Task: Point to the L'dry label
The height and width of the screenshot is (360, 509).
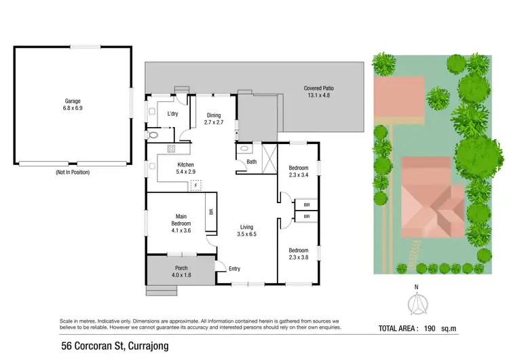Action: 173,113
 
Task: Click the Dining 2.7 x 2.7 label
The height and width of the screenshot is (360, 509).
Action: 214,119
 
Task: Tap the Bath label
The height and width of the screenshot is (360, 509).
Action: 251,162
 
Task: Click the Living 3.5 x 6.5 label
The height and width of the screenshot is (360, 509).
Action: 247,231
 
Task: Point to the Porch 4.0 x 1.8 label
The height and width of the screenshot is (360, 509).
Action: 181,272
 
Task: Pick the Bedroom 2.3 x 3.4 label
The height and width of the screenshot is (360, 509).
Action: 299,171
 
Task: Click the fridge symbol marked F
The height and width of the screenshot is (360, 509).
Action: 196,185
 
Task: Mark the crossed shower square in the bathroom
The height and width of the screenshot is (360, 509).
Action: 267,156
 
